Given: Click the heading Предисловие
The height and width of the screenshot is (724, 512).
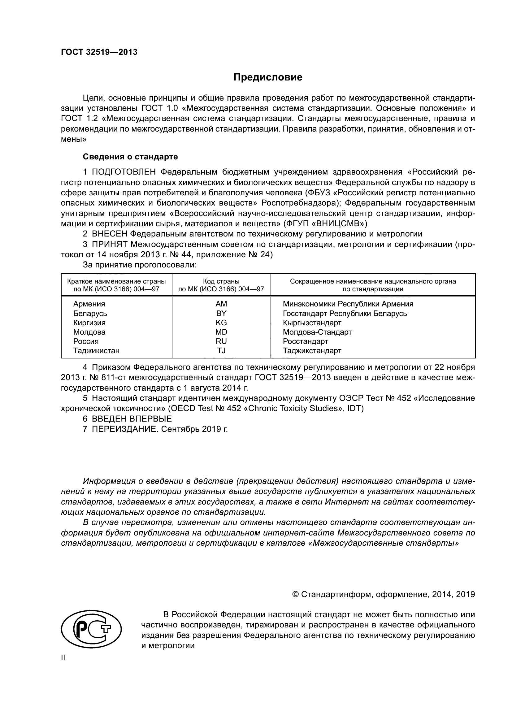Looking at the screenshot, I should [268, 77].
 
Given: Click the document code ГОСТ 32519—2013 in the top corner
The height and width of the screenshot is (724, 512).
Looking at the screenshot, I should [99, 52].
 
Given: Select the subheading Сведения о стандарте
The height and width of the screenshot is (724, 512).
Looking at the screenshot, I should [130, 157].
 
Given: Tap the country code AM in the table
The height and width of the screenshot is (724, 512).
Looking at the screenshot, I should [221, 304].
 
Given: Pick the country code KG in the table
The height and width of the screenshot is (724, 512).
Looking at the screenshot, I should [221, 323].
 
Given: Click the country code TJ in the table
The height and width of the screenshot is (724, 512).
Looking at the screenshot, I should [221, 350].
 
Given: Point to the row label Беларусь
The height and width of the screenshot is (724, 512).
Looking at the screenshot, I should [90, 314].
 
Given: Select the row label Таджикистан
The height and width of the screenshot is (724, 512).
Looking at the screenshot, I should [96, 350].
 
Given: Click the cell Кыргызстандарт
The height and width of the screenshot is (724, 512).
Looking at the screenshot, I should [312, 323].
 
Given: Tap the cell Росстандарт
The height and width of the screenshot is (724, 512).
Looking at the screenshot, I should [305, 341].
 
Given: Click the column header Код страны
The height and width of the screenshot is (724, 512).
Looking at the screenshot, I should [221, 281].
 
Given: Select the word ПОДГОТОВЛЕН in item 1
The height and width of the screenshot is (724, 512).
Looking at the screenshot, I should [124, 172].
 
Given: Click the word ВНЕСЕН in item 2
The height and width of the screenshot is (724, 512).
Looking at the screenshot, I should [109, 234].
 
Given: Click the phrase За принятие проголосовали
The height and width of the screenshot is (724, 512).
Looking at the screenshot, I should [140, 265].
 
